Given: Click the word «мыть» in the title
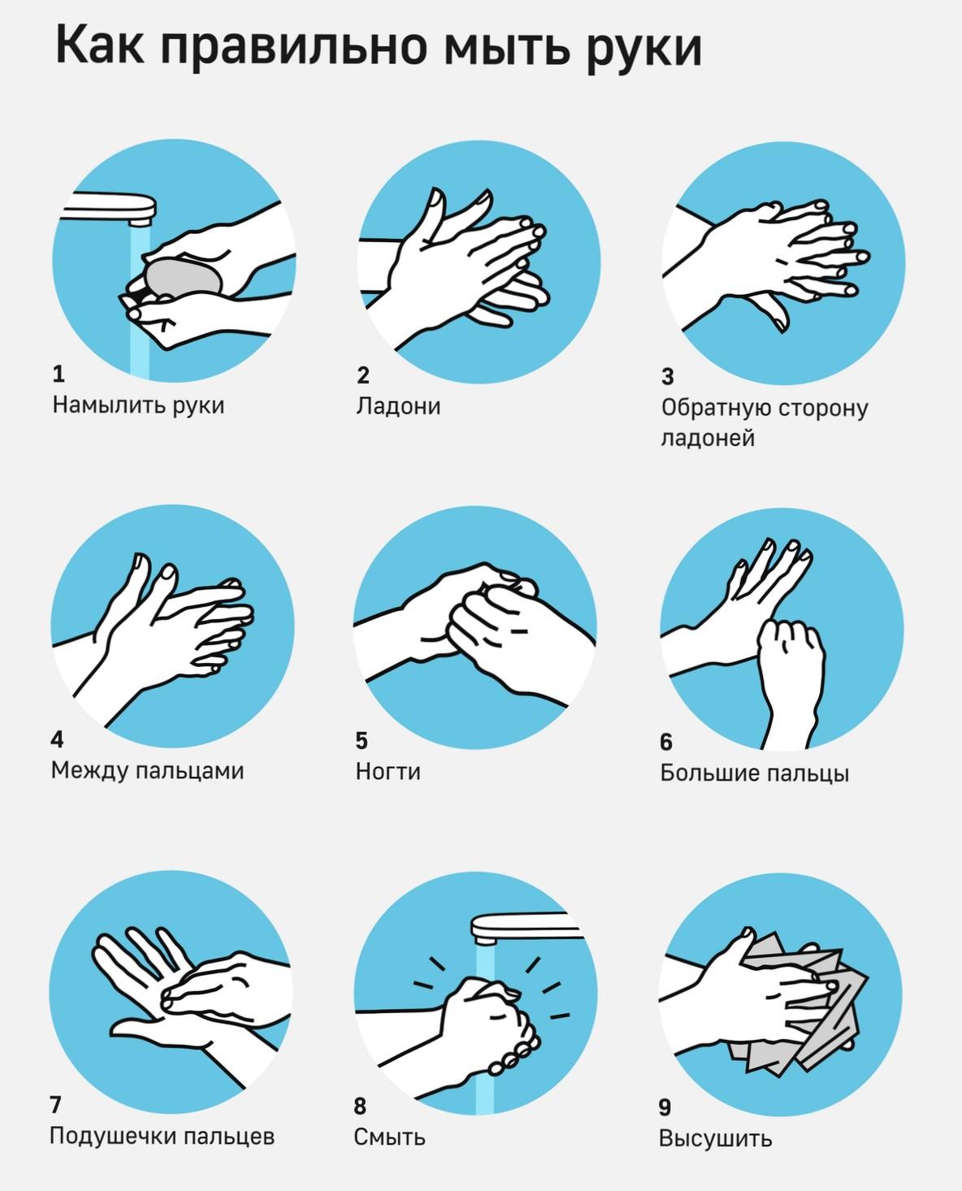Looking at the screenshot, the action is pos(507,47).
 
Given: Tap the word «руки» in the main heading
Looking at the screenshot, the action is pos(643,51).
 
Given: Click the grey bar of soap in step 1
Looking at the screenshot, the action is pos(183,277).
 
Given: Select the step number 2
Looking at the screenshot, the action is pos(363,375).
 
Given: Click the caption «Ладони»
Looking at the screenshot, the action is pos(398,406).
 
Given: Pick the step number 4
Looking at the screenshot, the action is pos(57,739).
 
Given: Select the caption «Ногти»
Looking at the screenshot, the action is pos(388,772).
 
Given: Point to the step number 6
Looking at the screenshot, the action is pos(666,742).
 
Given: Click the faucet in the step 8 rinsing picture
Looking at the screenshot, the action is pos(526,929).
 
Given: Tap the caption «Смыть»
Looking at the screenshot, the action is pos(390,1137).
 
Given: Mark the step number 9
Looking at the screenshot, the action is pos(665,1107).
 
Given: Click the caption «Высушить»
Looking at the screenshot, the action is pos(715,1139).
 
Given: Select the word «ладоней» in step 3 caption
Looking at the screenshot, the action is pos(708,439).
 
